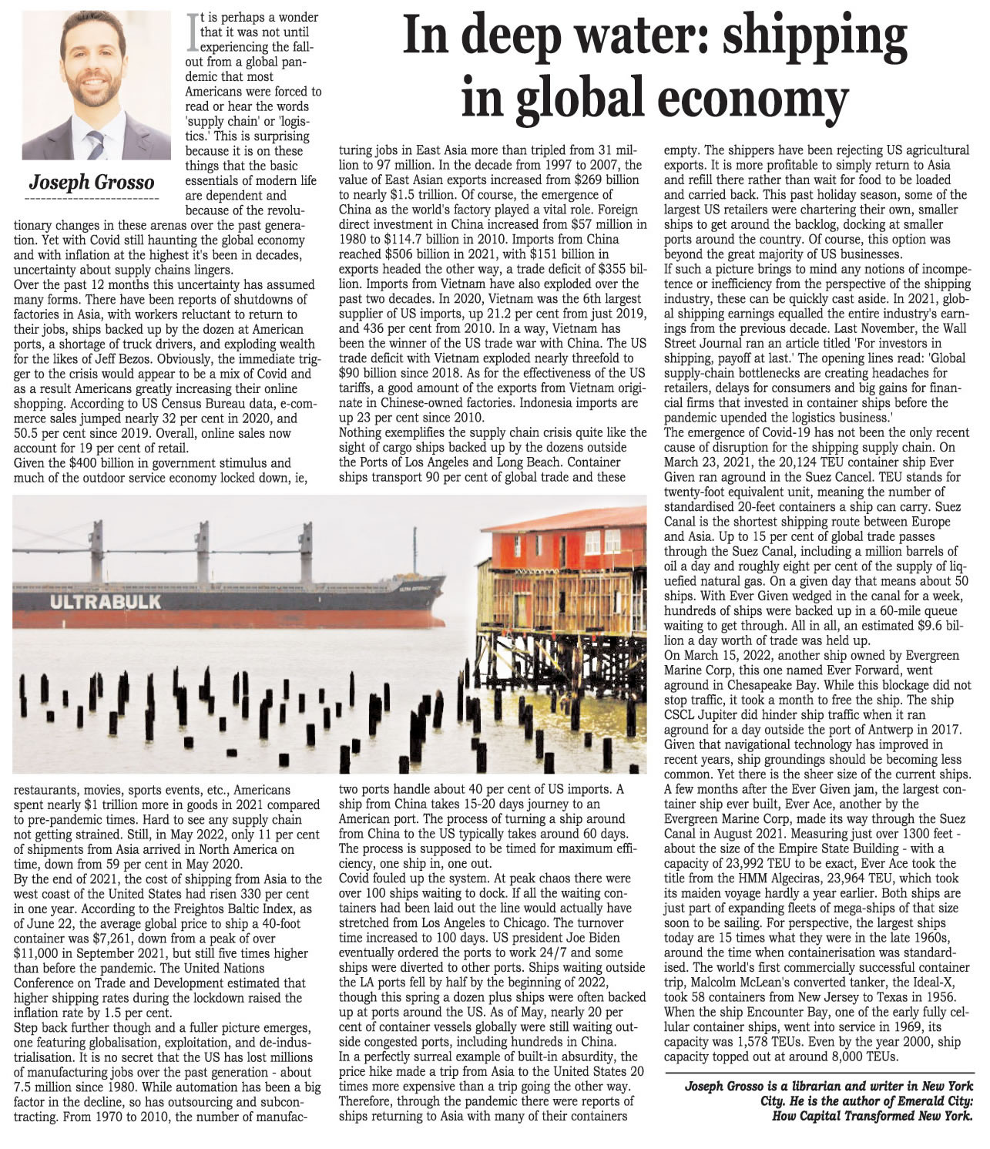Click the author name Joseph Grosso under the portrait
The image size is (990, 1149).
click(x=92, y=183)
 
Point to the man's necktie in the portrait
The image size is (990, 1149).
click(x=95, y=143)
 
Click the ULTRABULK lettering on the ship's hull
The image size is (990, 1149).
click(x=106, y=601)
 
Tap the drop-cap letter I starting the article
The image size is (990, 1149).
click(x=192, y=32)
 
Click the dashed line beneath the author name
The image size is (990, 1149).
click(x=92, y=199)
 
